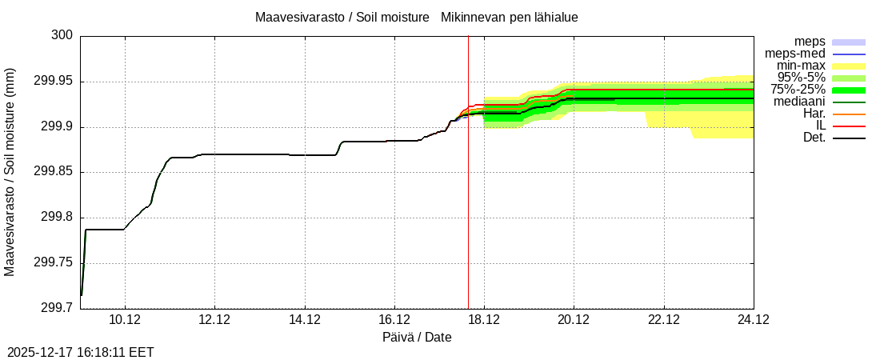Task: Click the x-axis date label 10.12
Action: click(125, 320)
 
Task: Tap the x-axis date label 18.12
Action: click(484, 320)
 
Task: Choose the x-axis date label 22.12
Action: click(663, 320)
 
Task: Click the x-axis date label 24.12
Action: click(753, 320)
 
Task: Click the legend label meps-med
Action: click(796, 54)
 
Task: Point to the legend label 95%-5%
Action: click(801, 78)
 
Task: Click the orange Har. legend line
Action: click(849, 114)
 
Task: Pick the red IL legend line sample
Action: click(849, 126)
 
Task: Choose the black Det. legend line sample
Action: click(849, 138)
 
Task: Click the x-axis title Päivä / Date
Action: click(417, 338)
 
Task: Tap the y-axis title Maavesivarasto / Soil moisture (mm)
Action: click(10, 172)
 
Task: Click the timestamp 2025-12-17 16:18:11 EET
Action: click(80, 352)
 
